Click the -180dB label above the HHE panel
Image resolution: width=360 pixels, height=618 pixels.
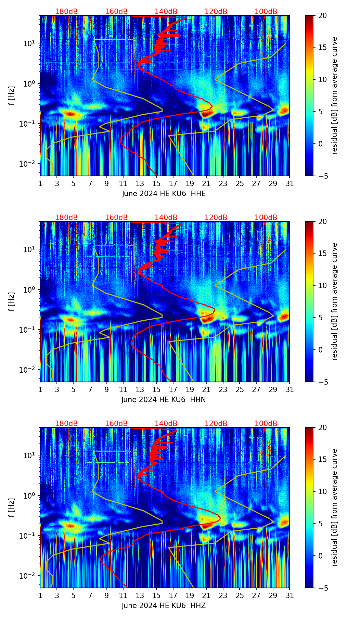(x=65, y=12)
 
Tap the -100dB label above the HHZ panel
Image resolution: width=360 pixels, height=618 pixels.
(x=265, y=424)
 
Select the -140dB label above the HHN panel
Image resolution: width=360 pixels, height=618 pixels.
(x=165, y=218)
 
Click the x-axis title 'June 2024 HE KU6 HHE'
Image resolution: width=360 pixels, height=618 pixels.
(x=164, y=194)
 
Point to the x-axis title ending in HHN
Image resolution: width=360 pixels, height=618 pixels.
(x=164, y=400)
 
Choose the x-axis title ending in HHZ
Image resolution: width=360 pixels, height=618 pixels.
(x=164, y=606)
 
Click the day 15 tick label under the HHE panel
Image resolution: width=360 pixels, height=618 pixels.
(x=156, y=184)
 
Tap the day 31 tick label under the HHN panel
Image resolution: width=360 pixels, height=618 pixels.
(x=290, y=390)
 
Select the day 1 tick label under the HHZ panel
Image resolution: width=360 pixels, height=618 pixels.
(x=40, y=596)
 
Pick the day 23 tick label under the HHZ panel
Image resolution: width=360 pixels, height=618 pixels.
(x=223, y=596)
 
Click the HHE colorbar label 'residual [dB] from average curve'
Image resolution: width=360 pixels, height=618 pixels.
(x=335, y=95)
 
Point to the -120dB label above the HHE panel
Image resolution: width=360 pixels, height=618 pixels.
(x=215, y=12)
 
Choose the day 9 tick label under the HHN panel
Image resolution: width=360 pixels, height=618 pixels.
(x=106, y=390)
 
